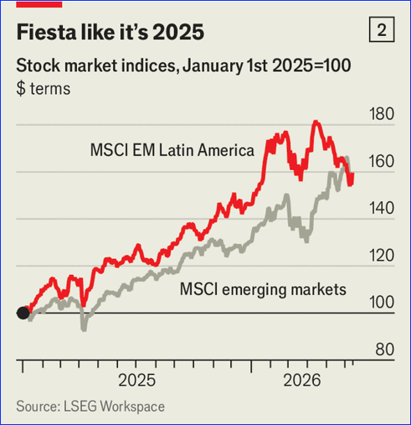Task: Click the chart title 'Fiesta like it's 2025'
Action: coord(110,32)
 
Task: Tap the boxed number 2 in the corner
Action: coord(382,29)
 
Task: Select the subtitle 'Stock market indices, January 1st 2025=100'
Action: coord(183,66)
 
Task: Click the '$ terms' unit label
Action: coord(44,89)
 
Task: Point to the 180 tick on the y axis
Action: coord(382,114)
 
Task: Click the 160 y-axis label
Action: coord(382,161)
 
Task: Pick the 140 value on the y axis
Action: coord(382,209)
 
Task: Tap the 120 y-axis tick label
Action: coord(382,256)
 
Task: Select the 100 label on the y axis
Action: coord(382,303)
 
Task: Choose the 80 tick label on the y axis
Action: coord(385,350)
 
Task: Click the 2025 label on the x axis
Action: coord(137,381)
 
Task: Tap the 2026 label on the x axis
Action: coord(302,381)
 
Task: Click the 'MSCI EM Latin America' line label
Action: coord(172,150)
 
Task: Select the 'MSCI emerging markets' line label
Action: coord(263,289)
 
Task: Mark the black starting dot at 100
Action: coord(23,313)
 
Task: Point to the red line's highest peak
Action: coord(316,122)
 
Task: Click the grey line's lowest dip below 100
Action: coord(84,329)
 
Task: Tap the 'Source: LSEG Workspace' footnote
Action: coord(90,407)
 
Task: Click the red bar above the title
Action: coord(39,4)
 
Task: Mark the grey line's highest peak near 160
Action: coord(347,158)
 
